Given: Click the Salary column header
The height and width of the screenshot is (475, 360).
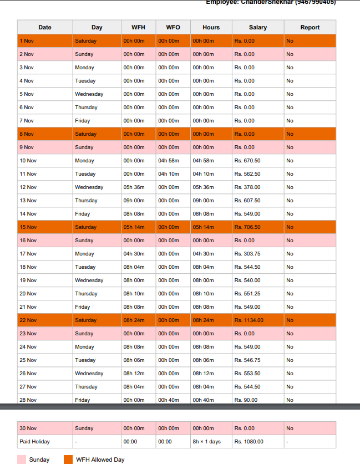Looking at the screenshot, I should [x=257, y=27].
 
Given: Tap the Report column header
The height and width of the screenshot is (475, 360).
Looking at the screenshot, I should [x=310, y=27].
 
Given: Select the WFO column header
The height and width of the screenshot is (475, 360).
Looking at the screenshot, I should [x=173, y=27].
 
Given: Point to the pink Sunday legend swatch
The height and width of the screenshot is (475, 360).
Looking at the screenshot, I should [x=22, y=459].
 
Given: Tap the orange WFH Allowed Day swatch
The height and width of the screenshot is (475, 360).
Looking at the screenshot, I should [x=68, y=459].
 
